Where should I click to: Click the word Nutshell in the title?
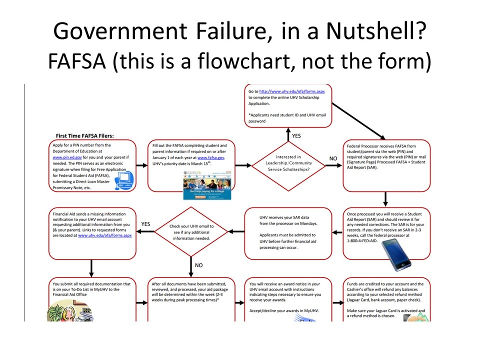376,31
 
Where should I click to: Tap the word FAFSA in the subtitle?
77,61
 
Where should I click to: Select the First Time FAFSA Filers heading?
85,136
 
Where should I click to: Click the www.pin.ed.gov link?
67,157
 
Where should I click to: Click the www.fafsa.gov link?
211,158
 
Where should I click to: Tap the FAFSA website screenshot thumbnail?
207,185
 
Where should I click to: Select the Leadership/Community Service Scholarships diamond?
288,163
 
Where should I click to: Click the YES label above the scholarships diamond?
296,136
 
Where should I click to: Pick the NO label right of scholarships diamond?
333,159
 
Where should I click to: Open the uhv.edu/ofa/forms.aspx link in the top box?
292,91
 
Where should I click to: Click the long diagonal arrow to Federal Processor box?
358,121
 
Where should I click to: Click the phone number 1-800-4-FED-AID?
362,241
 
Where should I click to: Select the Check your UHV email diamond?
191,232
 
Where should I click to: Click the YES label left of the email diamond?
146,224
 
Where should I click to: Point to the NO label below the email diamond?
198,265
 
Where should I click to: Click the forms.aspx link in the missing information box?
105,235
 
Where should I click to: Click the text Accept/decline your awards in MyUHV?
284,311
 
